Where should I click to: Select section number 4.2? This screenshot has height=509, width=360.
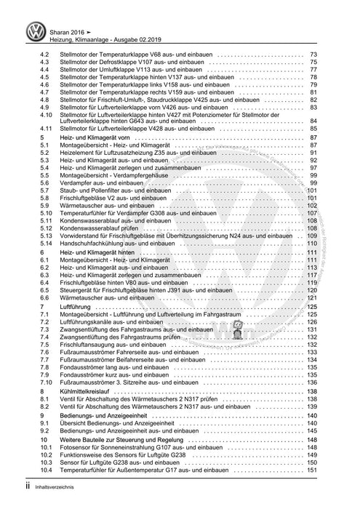point(45,56)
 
